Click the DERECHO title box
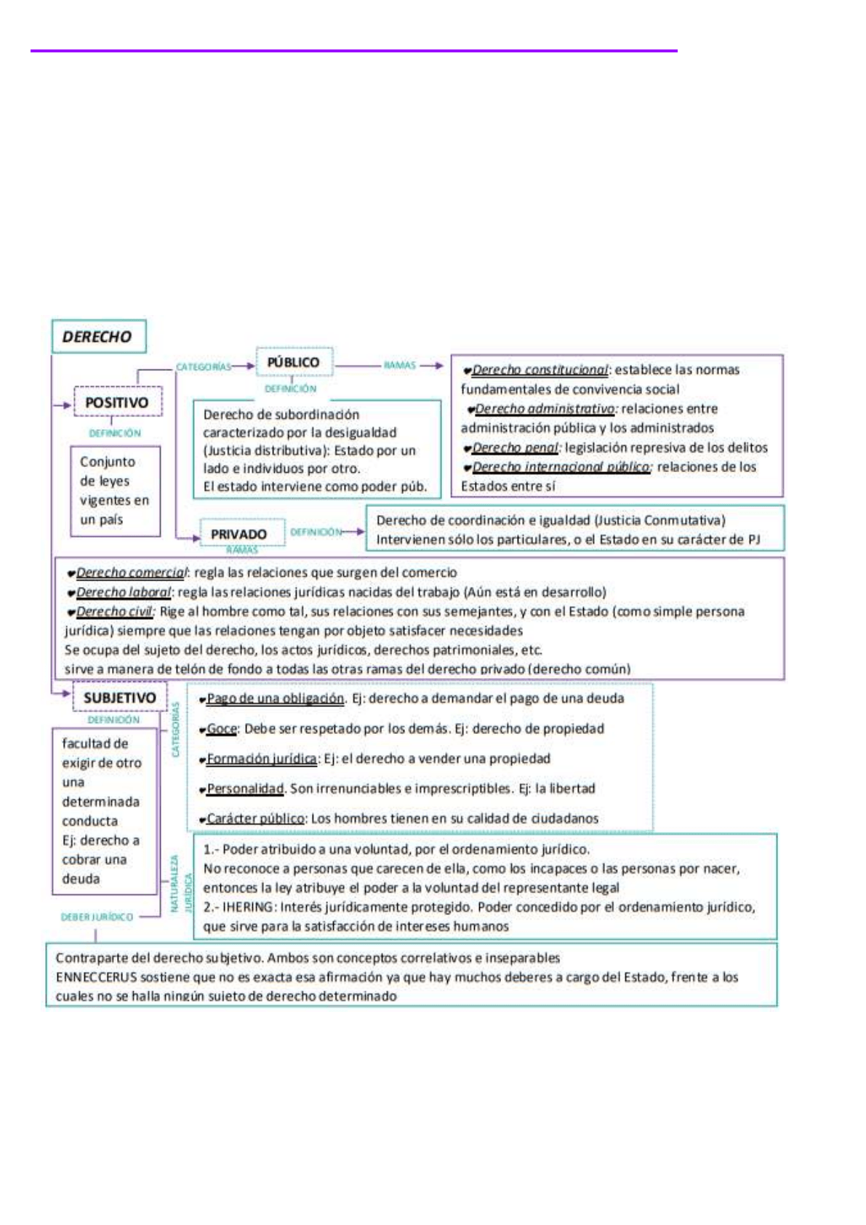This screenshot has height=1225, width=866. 98,337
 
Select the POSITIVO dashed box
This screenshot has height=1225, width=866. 117,402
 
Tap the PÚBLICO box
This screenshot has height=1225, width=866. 293,362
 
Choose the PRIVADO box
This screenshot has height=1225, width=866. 238,534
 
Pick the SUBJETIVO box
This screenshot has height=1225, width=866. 119,698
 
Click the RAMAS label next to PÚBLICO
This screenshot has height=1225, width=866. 399,365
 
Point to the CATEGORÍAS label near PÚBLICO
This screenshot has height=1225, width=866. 203,367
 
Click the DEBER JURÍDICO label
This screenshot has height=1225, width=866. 97,917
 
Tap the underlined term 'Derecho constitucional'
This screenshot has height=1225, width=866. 540,370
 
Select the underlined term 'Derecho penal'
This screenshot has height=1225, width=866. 515,447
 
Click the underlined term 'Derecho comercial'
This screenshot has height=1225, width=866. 131,572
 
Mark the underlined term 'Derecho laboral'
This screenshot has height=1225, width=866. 124,592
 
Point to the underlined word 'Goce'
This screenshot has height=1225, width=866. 222,728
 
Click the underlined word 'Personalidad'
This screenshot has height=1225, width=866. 245,789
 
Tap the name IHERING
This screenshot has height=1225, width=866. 248,907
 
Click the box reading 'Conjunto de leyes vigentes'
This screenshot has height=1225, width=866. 114,490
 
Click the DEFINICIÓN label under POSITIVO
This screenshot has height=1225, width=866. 115,433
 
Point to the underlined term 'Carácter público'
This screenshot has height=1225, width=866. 255,818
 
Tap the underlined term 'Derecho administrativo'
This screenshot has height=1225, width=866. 545,409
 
